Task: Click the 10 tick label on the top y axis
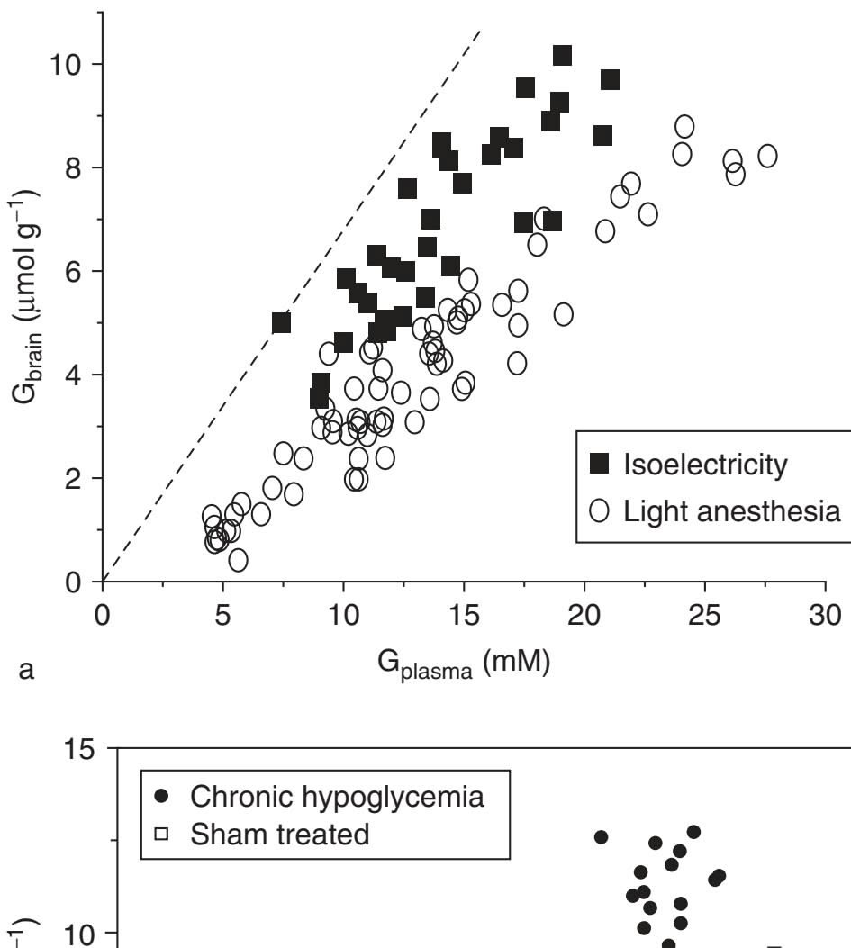coord(68,64)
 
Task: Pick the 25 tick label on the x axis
coord(705,613)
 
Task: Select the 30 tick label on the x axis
coord(825,613)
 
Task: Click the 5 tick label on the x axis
coord(222,613)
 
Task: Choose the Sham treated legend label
coord(273,833)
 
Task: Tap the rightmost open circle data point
coord(767,156)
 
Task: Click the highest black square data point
coord(562,56)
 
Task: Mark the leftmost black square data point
coord(281,322)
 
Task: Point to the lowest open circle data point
coord(238,560)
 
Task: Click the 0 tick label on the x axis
coord(104,613)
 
